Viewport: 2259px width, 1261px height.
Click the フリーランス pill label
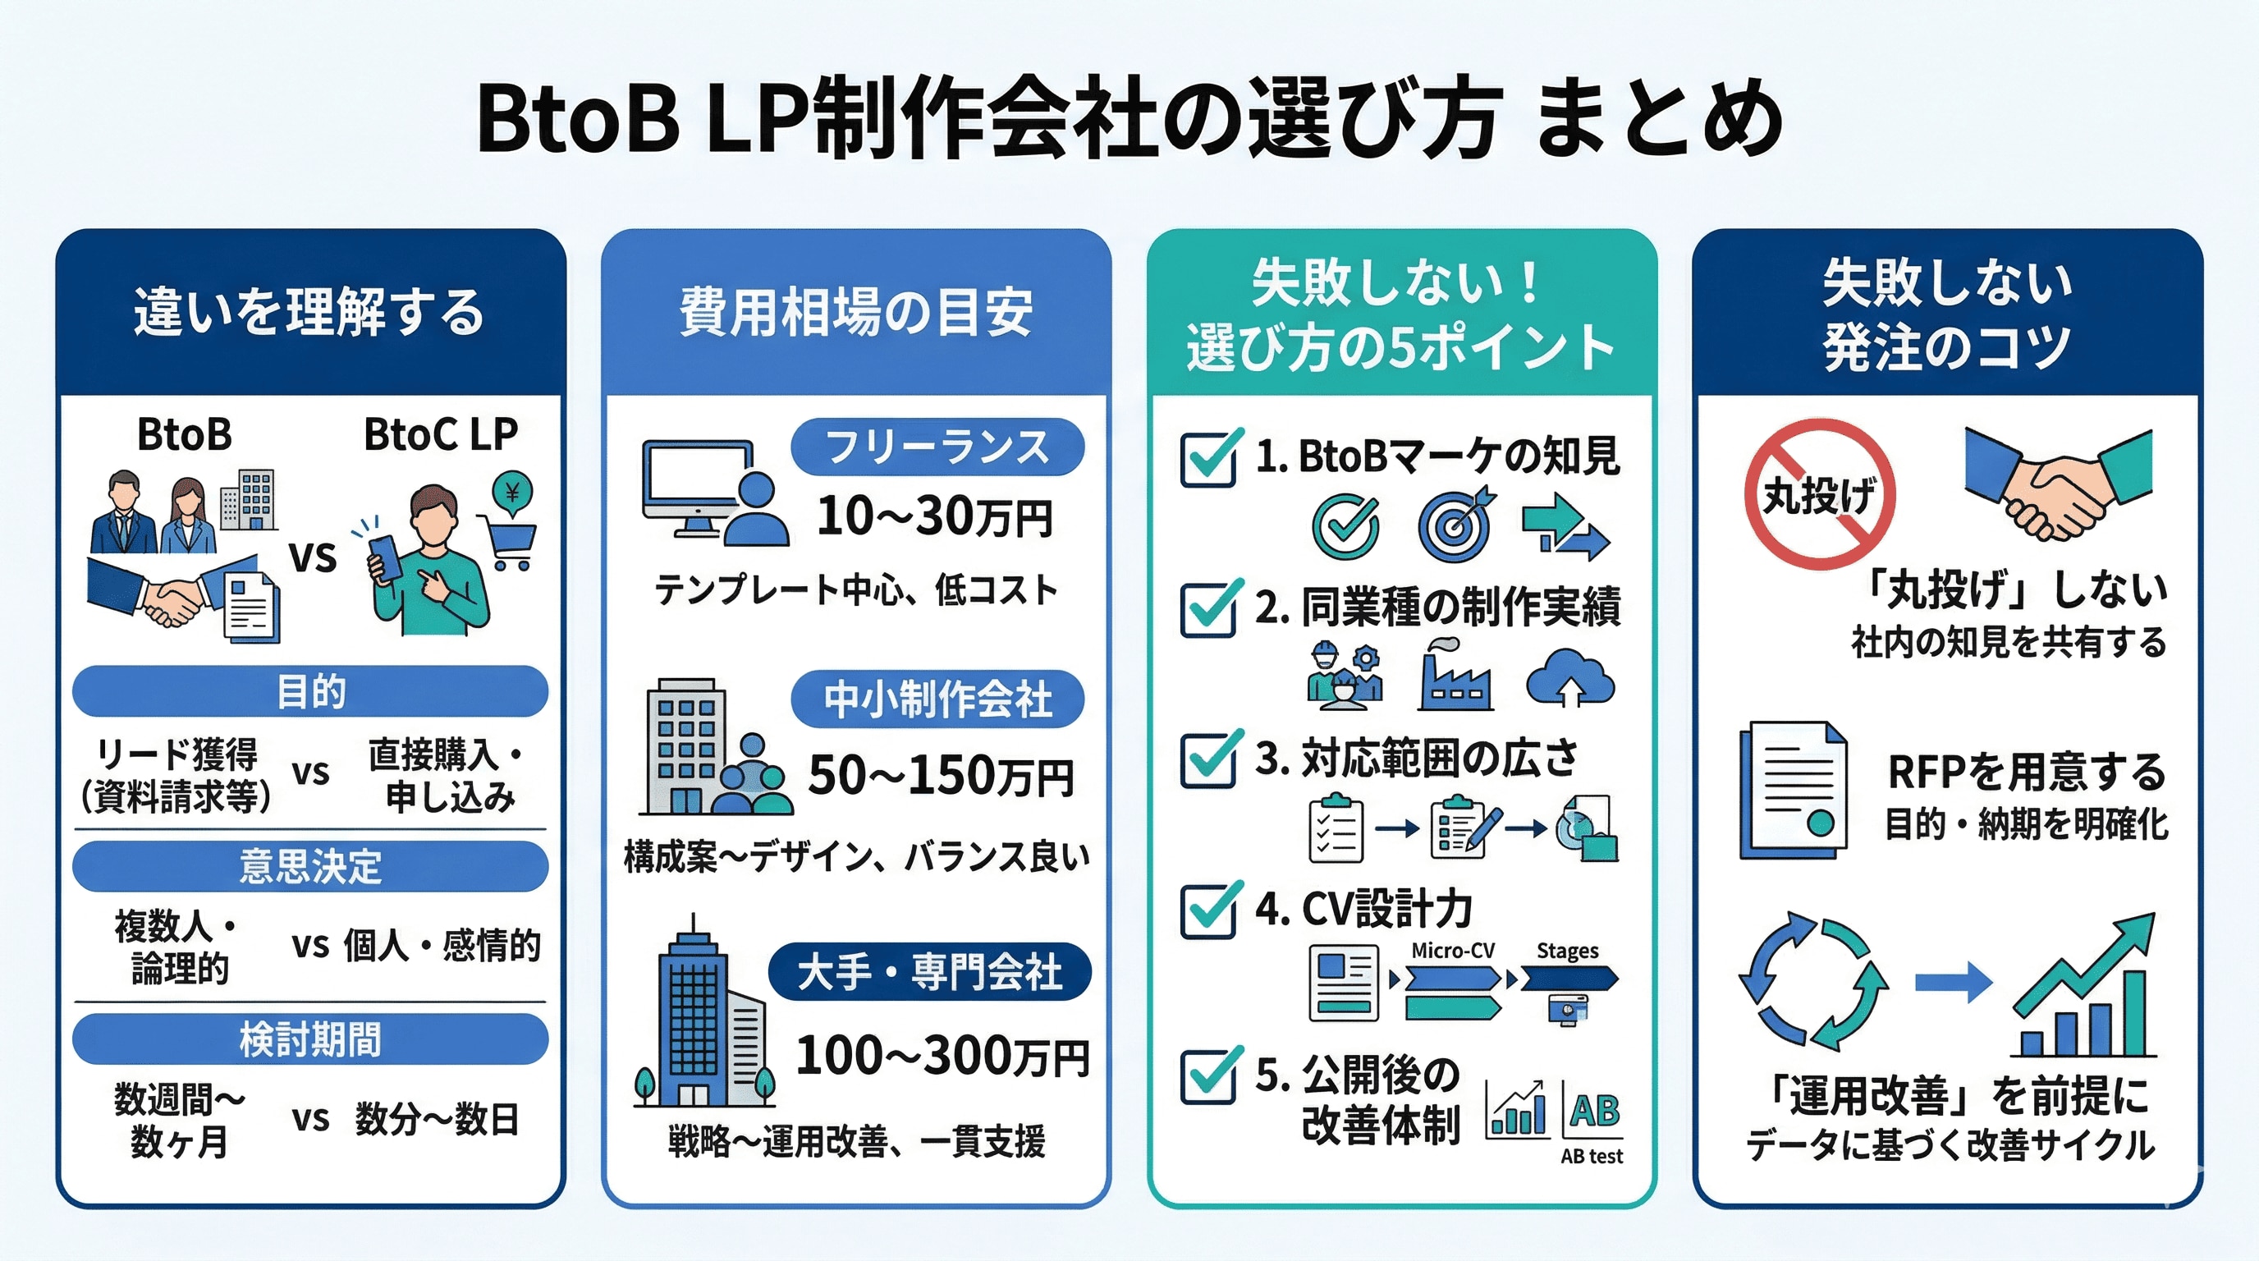(x=937, y=447)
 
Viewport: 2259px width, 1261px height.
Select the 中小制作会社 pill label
(x=937, y=699)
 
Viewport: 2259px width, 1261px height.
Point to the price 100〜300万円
(x=942, y=1055)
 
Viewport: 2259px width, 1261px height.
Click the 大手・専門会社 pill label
(x=929, y=972)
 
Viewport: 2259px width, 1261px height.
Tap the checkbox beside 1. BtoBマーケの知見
(x=1209, y=458)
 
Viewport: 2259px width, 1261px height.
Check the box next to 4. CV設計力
(x=1209, y=910)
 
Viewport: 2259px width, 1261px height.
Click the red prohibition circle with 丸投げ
(x=1820, y=494)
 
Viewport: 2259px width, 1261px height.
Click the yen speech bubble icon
(x=513, y=492)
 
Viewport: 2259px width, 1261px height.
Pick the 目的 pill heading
(x=310, y=691)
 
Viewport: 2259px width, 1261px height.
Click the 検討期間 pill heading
(x=310, y=1039)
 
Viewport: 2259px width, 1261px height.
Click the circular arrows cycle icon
(x=1813, y=982)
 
